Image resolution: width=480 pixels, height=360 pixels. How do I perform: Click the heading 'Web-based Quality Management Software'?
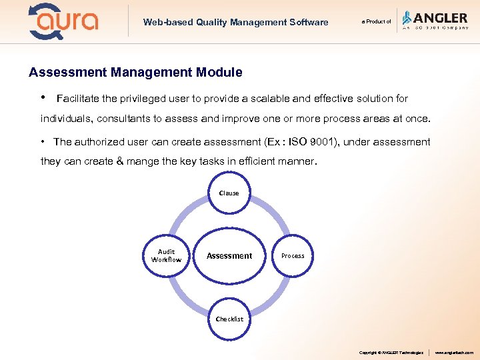click(235, 22)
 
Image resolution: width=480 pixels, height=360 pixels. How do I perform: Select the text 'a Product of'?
click(376, 21)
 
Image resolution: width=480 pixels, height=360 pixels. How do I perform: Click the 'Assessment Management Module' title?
click(135, 72)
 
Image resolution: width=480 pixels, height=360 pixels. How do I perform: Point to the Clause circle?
click(229, 193)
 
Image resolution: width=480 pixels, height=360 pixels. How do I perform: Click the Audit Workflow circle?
click(166, 256)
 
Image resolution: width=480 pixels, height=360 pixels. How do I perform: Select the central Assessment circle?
click(229, 255)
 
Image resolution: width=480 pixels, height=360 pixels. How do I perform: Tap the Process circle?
click(293, 256)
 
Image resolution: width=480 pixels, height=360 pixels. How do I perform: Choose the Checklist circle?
click(229, 319)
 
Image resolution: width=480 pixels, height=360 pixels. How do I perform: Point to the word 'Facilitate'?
click(77, 99)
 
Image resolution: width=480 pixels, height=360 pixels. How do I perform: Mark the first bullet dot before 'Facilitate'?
click(43, 98)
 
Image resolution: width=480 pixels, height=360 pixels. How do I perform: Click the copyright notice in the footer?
click(391, 352)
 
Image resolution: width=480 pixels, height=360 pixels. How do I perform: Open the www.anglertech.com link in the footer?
click(453, 352)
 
